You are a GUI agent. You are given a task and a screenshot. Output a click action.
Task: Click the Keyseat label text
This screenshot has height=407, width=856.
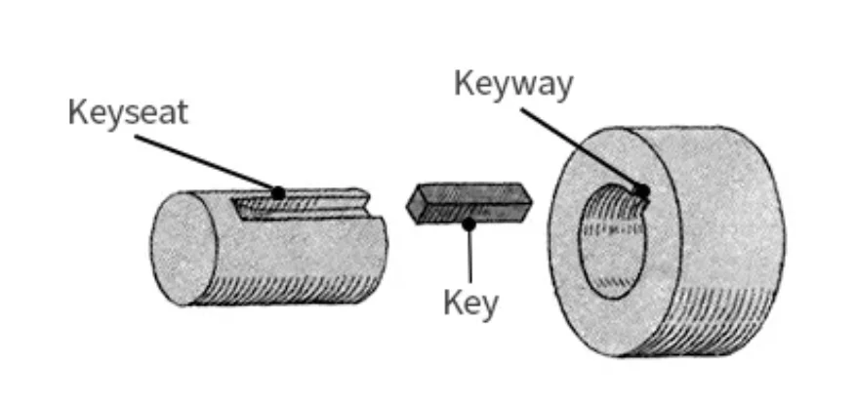pos(127,111)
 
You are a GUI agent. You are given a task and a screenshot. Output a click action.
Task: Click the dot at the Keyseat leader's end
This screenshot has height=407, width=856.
pos(278,192)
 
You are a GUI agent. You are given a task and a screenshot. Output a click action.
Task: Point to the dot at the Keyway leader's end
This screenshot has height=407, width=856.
pos(640,190)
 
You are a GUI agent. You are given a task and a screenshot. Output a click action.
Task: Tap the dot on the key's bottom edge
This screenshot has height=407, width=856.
pos(469,224)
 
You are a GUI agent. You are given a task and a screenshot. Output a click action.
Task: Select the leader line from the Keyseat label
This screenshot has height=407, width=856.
pos(205,163)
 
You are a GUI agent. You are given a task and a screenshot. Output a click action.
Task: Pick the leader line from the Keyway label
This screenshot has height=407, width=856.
pos(580,148)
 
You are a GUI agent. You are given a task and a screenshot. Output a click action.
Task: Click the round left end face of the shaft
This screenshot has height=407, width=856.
pos(183,248)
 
